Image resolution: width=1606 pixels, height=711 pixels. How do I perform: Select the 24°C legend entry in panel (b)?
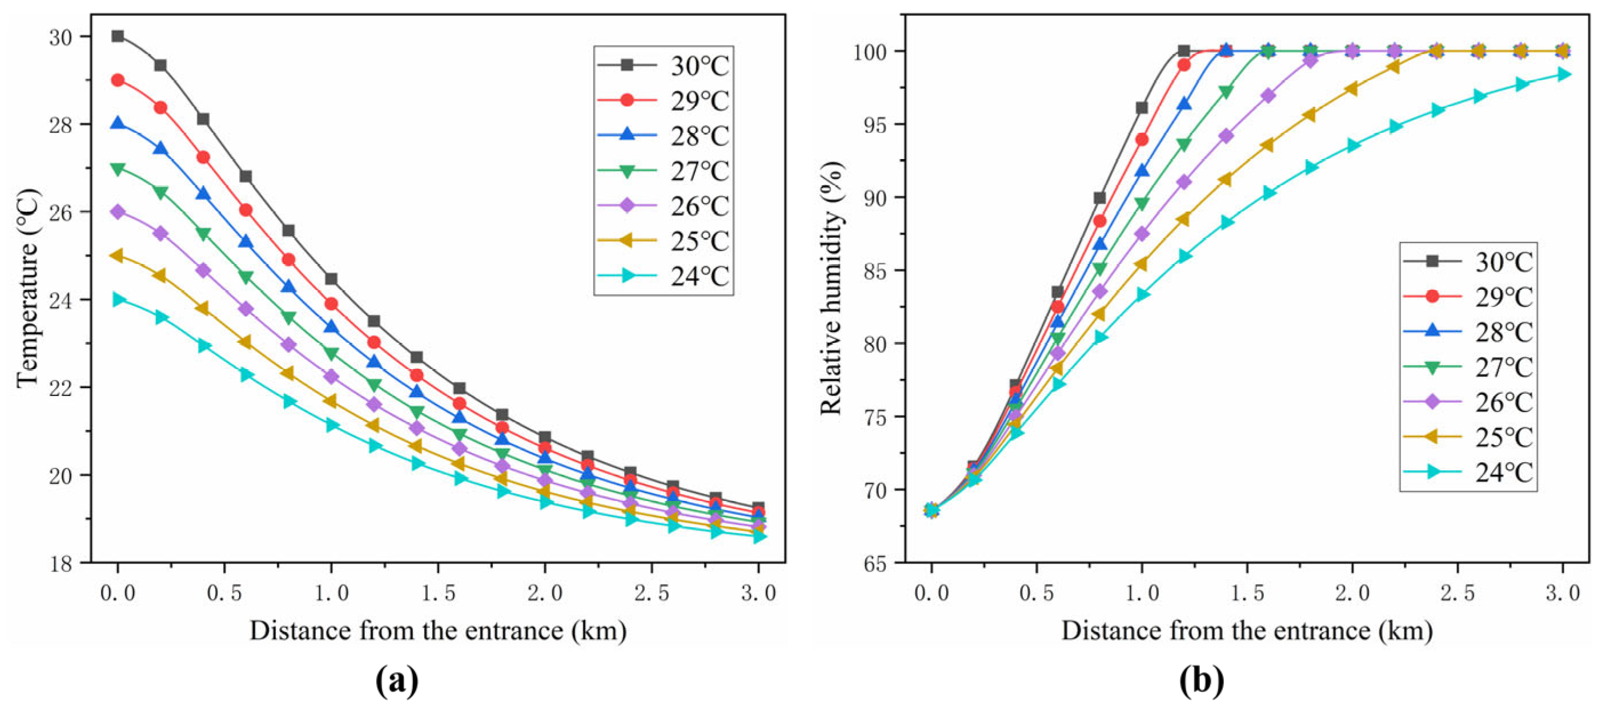[x=1469, y=473]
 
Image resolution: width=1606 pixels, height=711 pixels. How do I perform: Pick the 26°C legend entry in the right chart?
[x=1469, y=402]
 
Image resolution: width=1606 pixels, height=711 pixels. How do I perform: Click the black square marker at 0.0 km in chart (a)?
[x=118, y=36]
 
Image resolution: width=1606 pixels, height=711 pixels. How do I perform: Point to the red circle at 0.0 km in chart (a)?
[x=118, y=80]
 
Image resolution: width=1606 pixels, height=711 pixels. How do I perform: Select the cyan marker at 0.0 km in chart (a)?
[x=118, y=300]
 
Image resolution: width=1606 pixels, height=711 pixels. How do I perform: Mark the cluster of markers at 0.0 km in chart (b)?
[x=932, y=510]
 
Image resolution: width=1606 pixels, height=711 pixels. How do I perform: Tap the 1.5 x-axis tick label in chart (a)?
[x=438, y=593]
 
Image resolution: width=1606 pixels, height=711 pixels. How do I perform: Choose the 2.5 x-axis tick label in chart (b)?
[x=1458, y=593]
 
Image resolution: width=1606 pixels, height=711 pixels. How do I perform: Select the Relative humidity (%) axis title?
[x=831, y=288]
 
